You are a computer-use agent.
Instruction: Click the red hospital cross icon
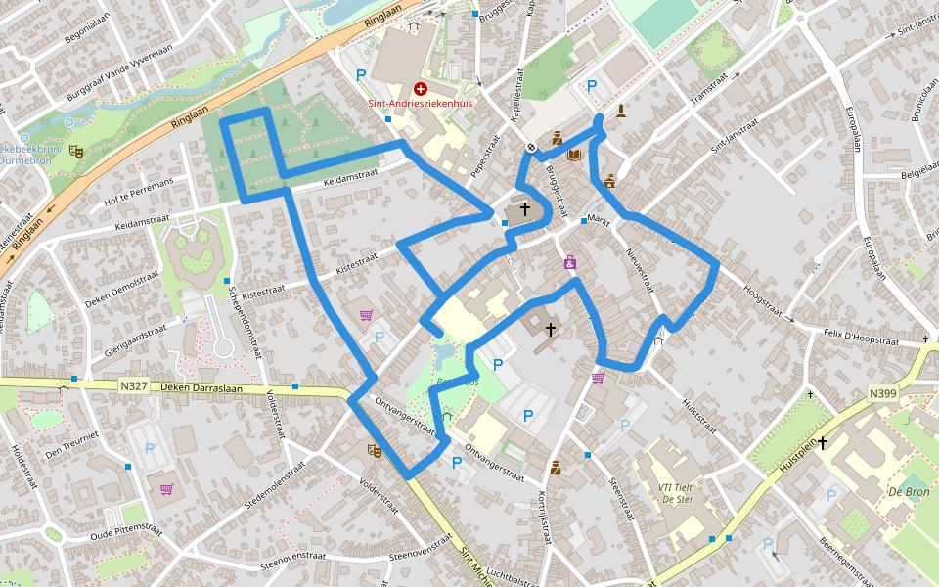[421, 88]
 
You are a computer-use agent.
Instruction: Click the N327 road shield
[134, 386]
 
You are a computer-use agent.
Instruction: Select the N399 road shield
[882, 393]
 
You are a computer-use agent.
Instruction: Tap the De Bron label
[907, 491]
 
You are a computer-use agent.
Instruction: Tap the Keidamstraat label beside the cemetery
[350, 177]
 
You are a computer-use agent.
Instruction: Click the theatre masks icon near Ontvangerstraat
[373, 450]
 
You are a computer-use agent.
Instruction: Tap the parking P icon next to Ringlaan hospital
[361, 74]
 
